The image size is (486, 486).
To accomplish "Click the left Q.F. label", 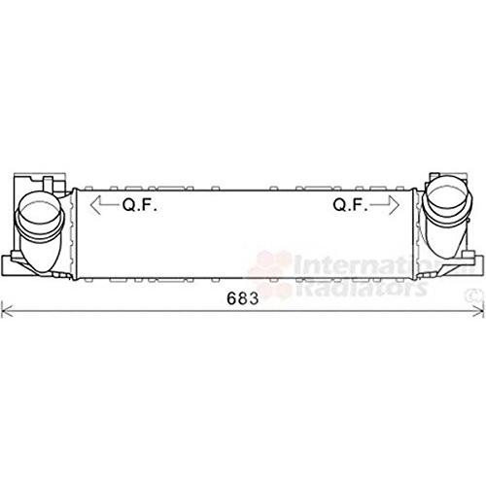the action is [x=140, y=205].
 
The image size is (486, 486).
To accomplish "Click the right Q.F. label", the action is [x=351, y=205].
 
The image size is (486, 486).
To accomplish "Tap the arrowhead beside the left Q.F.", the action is [x=95, y=205].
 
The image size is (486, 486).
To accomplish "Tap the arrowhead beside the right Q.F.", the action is [x=394, y=205].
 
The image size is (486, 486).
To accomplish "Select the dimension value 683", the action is [x=243, y=298].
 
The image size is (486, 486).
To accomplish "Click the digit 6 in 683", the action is [x=232, y=298].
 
